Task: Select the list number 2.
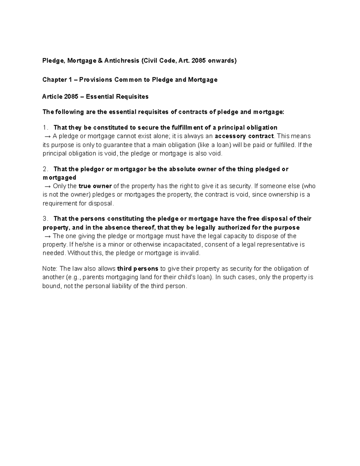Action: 45,169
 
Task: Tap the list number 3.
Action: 45,219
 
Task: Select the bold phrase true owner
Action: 95,186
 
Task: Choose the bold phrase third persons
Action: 138,269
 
